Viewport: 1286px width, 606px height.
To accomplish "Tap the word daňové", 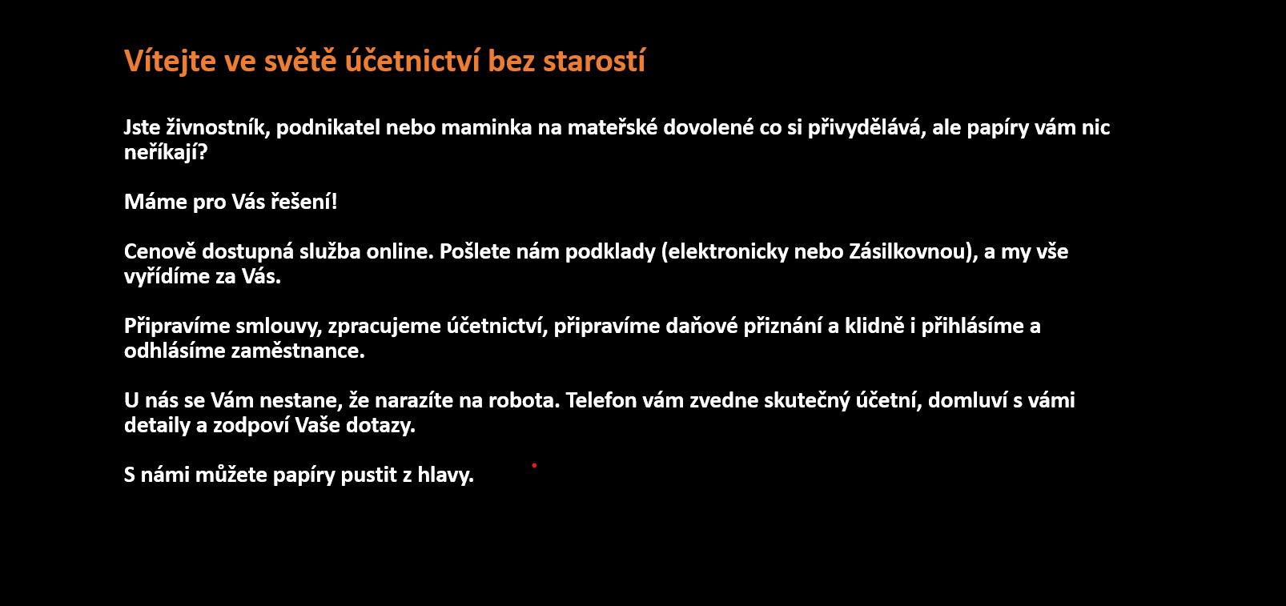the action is click(702, 326).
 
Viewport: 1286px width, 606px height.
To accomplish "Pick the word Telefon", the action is click(601, 400).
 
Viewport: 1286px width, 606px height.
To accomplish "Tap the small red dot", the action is click(534, 465).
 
